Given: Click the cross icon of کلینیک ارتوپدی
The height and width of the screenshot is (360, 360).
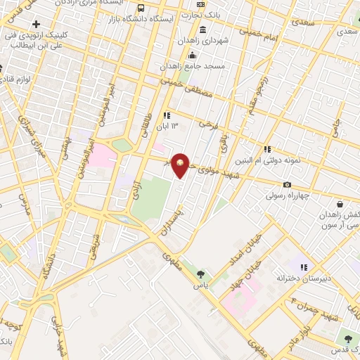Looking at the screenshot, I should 35,25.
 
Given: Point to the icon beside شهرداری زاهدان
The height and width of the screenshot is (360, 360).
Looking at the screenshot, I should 202,30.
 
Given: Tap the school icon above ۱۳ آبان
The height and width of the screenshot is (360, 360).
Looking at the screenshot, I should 167,115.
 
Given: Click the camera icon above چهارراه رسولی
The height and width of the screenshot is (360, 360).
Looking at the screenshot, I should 287,184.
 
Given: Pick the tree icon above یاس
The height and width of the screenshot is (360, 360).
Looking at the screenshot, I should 202,274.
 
